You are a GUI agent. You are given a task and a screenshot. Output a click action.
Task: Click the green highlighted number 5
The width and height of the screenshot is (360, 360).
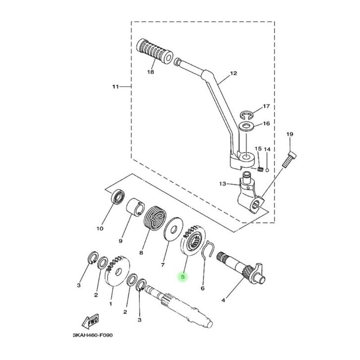183,277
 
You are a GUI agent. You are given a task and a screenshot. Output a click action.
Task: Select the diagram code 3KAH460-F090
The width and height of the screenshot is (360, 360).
93,335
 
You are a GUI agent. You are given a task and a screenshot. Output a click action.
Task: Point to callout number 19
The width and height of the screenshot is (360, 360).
290,134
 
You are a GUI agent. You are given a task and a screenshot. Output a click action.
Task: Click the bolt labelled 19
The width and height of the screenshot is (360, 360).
289,160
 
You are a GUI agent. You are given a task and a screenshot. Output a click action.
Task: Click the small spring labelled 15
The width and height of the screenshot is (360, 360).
260,170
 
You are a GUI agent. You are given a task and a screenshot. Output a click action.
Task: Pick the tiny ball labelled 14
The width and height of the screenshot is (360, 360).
267,170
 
